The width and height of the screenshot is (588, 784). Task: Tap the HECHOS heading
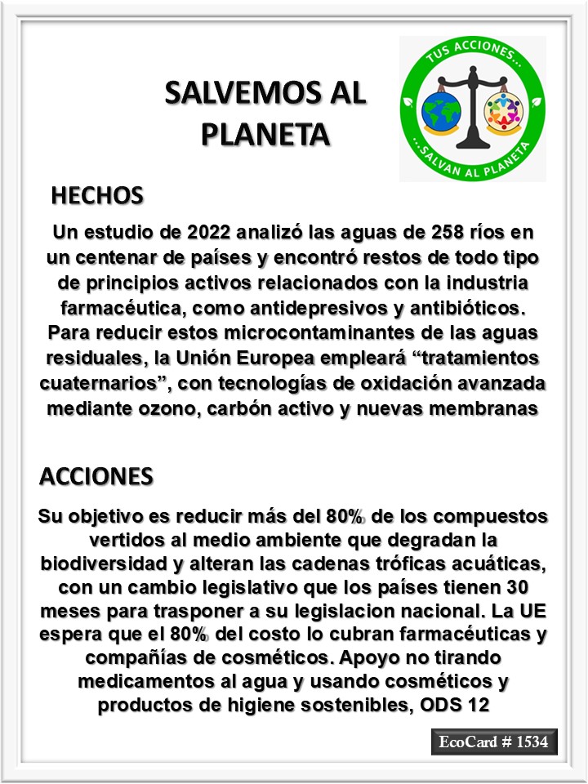click(x=97, y=196)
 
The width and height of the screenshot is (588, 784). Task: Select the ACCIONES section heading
click(x=96, y=476)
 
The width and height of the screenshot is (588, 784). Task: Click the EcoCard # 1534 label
click(x=494, y=742)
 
